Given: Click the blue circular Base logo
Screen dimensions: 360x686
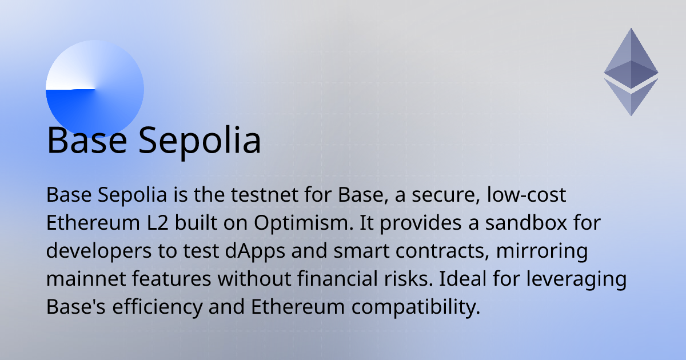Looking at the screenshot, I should click(94, 89).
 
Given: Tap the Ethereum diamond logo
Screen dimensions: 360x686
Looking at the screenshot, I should click(631, 69).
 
